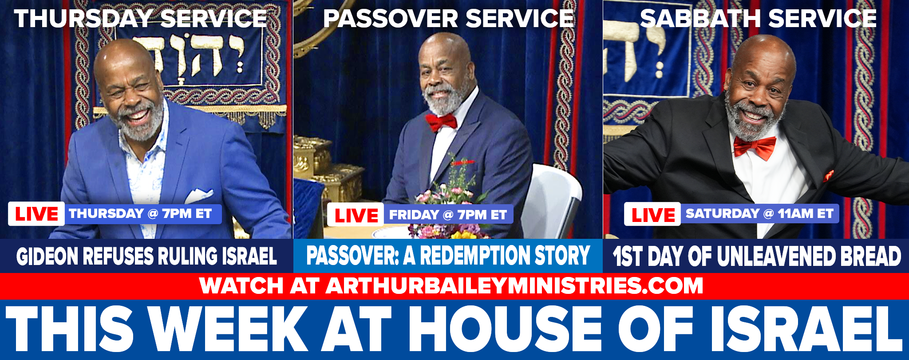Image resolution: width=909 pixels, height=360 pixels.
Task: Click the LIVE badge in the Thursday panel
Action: [36, 214]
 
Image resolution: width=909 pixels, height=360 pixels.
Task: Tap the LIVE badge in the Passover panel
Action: [356, 215]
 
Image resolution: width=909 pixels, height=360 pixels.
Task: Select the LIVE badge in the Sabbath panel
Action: [652, 214]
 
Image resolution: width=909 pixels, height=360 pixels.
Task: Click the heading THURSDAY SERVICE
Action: [141, 19]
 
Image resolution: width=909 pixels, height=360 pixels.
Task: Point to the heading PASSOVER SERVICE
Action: [449, 19]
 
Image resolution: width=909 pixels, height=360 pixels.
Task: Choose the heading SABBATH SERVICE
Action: [758, 19]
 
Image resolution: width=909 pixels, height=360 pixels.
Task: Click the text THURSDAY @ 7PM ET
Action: [140, 214]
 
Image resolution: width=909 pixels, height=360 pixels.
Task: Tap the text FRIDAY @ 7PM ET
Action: [448, 215]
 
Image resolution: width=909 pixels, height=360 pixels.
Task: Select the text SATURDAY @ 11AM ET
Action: [759, 214]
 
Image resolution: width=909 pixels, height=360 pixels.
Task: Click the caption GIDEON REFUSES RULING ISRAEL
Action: [146, 256]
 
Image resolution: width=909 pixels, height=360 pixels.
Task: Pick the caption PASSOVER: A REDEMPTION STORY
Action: [448, 255]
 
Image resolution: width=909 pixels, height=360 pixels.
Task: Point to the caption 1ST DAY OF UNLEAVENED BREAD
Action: [757, 256]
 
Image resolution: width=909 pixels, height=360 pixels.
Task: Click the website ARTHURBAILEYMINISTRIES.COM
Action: [514, 285]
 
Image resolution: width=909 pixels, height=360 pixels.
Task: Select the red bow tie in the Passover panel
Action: [441, 122]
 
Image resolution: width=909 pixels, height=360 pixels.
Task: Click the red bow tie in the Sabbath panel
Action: [754, 147]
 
